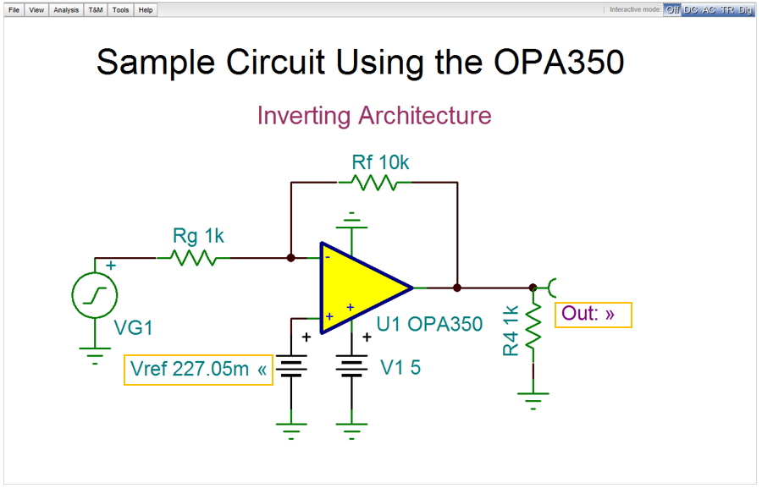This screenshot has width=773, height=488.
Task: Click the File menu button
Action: click(14, 10)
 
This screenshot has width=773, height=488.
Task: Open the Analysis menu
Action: click(66, 10)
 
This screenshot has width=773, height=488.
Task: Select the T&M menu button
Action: click(96, 10)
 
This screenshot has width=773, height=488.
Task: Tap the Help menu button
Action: click(146, 10)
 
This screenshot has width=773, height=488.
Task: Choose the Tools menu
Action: click(120, 10)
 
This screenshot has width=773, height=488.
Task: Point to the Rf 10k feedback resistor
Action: click(374, 182)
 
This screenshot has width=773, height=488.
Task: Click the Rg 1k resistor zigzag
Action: click(194, 257)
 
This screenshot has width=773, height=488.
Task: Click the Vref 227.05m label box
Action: click(199, 370)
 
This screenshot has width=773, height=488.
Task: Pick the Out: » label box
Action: click(593, 315)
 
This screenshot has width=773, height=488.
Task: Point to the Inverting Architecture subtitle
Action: click(373, 115)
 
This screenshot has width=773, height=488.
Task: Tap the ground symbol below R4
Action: click(533, 398)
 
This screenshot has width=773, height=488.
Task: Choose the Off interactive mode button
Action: click(672, 10)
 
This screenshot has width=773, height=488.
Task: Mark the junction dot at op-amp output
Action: click(457, 288)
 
